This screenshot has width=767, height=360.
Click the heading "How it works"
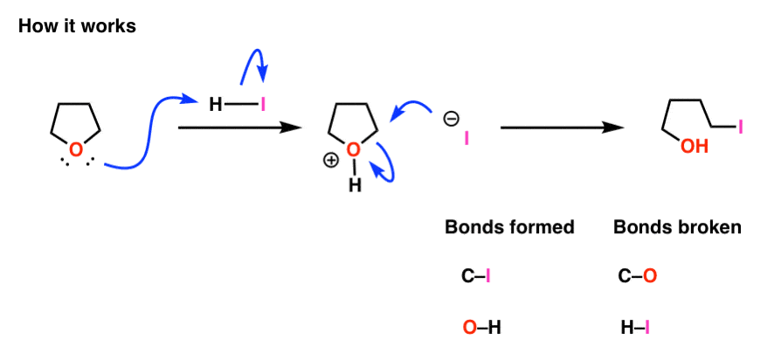tap(77, 26)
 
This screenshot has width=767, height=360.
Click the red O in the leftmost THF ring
tap(75, 149)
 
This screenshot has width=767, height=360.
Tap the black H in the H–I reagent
tap(215, 105)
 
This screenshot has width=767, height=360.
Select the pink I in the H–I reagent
tap(263, 105)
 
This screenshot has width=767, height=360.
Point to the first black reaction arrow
tap(239, 128)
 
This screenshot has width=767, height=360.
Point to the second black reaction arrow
tap(562, 128)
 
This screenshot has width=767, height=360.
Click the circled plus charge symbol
tap(332, 162)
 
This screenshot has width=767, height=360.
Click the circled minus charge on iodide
tap(450, 119)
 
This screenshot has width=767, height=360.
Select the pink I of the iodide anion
tap(466, 140)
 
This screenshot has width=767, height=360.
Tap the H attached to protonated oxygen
tap(355, 185)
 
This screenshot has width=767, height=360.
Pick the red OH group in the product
tap(694, 146)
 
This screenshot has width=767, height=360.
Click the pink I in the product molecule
tap(740, 128)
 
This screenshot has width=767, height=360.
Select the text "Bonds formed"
tap(509, 227)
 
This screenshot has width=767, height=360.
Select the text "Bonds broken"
tap(678, 227)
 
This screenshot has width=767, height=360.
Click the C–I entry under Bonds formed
tap(476, 277)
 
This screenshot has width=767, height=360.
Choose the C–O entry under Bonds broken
tap(637, 277)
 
